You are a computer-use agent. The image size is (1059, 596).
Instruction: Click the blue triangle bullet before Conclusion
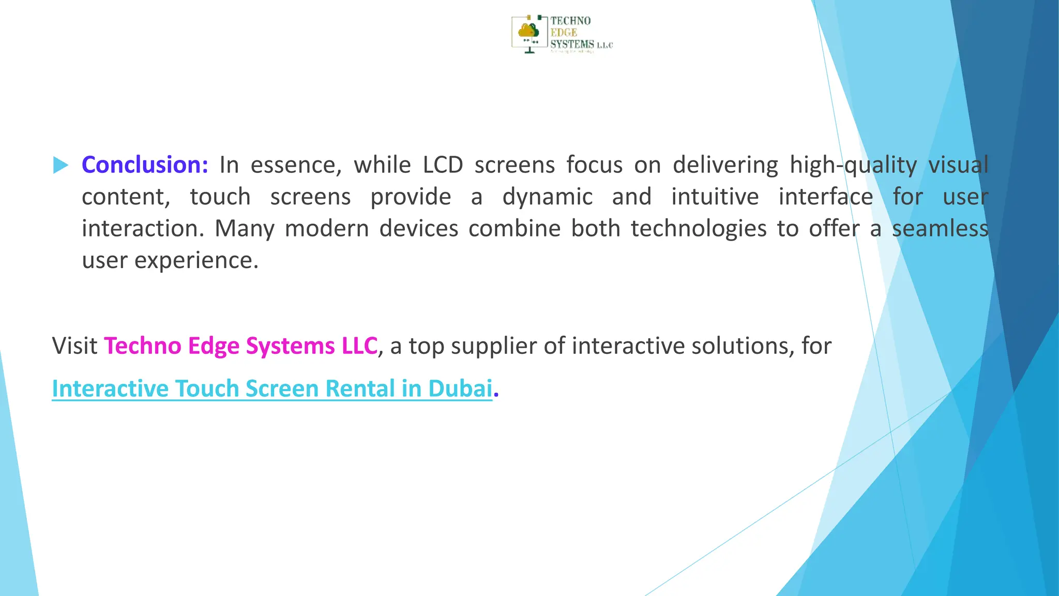click(x=60, y=166)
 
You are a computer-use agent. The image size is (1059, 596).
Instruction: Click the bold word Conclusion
click(x=144, y=165)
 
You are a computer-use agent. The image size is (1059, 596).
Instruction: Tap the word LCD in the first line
click(x=443, y=165)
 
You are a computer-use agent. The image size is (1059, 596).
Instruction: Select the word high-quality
click(x=853, y=166)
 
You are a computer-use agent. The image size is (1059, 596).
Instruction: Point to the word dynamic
click(x=547, y=197)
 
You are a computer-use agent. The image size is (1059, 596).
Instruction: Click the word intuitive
click(x=715, y=197)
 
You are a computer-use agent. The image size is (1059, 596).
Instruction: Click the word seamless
click(x=940, y=229)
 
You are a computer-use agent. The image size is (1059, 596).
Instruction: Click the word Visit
click(x=74, y=346)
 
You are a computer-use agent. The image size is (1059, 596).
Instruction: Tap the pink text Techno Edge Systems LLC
click(x=240, y=346)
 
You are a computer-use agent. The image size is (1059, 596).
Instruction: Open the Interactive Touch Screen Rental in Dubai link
click(x=272, y=389)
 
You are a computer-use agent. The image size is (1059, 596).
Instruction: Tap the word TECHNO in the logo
click(x=570, y=21)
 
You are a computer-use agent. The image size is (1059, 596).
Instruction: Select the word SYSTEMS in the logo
click(x=572, y=44)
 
